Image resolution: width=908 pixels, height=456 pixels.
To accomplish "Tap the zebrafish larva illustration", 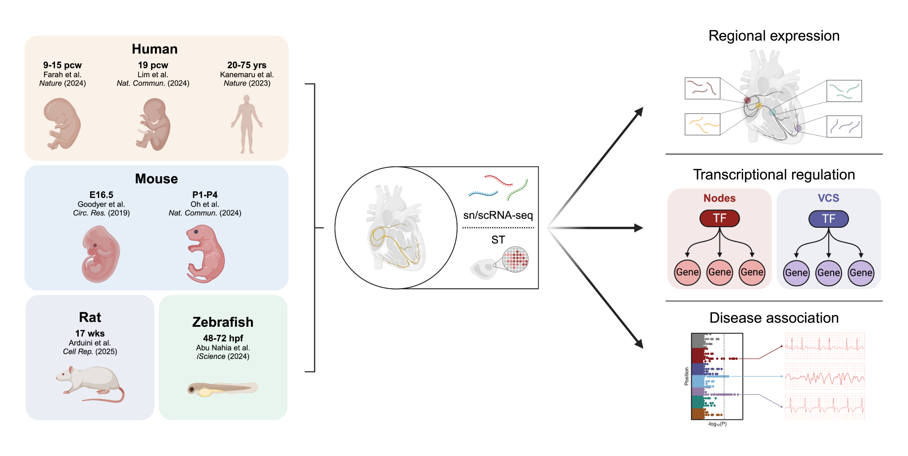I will tap(222, 389).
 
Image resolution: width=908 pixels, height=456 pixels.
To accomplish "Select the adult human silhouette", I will tap(247, 124).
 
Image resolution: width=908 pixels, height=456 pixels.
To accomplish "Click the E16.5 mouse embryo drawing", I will tap(101, 254).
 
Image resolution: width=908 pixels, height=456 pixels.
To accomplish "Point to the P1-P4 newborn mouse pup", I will tap(204, 254).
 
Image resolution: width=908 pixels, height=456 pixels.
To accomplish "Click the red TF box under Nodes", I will tap(719, 218).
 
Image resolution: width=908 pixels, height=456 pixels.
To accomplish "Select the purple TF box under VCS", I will tap(828, 219).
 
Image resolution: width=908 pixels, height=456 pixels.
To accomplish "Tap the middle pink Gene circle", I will tap(719, 272).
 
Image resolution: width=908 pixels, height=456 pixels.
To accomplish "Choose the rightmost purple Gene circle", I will tap(860, 273).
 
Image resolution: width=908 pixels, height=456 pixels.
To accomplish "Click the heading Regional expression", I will tap(773, 36).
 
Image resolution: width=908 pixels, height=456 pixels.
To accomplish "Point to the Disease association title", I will tap(773, 318).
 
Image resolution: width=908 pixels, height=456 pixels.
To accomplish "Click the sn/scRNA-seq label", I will tap(498, 215).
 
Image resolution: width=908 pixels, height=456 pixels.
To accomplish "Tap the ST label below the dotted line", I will tap(498, 240).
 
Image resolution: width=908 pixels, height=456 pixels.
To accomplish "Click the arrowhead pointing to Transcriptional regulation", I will tap(639, 228).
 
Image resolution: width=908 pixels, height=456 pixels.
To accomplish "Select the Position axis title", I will tap(686, 376).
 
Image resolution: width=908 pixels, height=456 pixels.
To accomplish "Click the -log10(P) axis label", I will tap(717, 424).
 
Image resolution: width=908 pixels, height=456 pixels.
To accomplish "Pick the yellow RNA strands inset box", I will tap(702, 124).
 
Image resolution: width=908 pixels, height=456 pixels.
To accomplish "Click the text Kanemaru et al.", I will tap(247, 75).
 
